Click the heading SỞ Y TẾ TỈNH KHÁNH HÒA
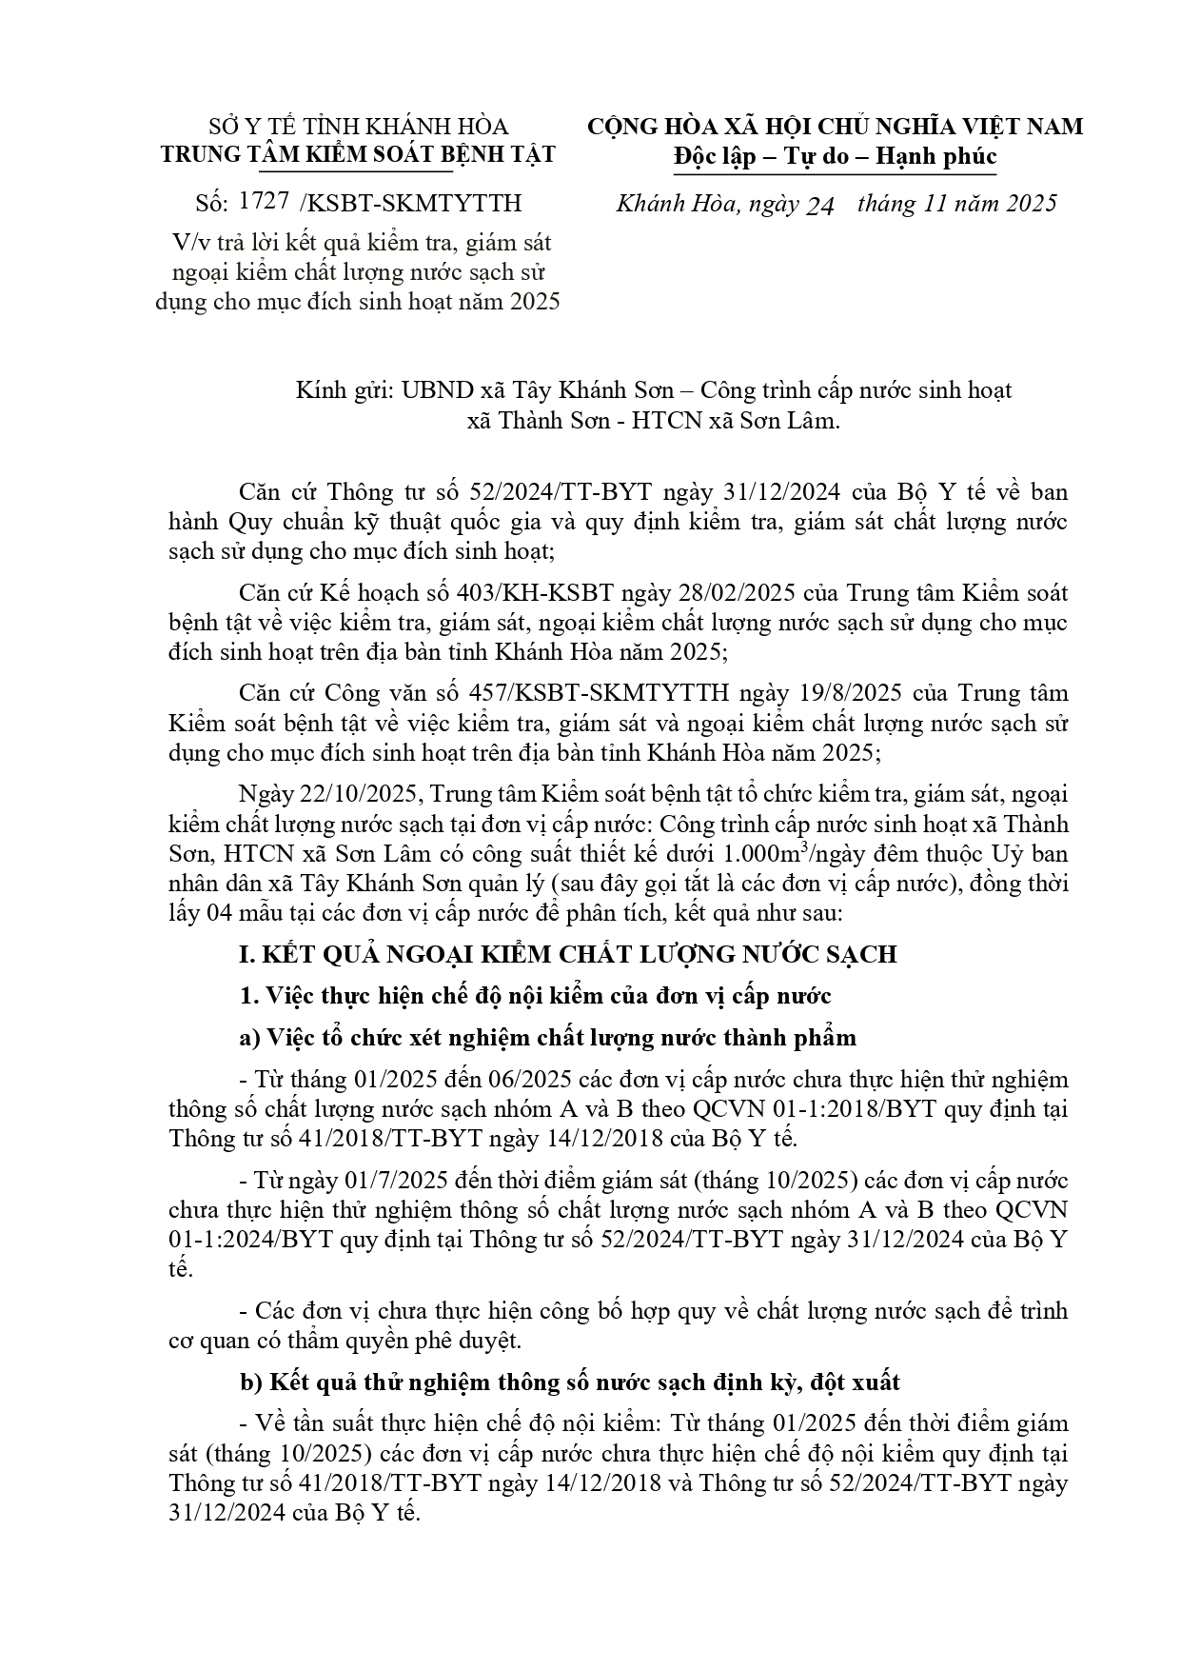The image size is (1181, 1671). coord(358,127)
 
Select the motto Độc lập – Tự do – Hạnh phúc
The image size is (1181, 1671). coord(834,155)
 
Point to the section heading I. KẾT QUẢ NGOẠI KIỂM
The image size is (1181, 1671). coord(567,954)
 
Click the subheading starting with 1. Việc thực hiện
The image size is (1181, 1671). coord(537,996)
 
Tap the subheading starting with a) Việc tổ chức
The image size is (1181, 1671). coord(548,1038)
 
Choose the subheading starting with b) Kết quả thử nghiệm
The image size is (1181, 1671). coord(569,1382)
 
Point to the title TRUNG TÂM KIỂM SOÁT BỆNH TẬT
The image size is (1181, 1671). coord(358,155)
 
